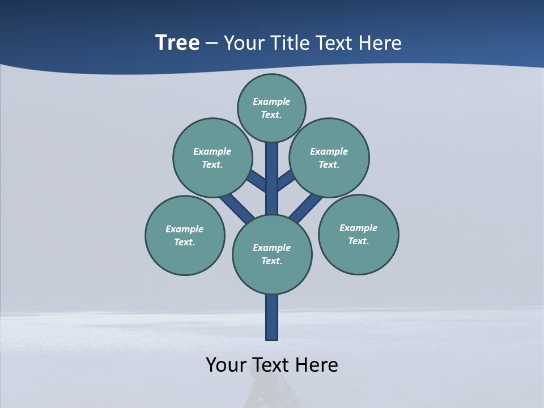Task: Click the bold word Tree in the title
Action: (x=177, y=42)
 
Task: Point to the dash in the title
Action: (x=212, y=44)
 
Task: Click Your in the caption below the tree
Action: (x=227, y=364)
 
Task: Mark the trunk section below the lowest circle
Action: (x=272, y=317)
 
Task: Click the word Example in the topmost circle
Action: (x=271, y=101)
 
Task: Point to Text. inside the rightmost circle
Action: (x=358, y=241)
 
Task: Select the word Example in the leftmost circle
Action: (x=184, y=229)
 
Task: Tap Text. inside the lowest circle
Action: (x=271, y=261)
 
